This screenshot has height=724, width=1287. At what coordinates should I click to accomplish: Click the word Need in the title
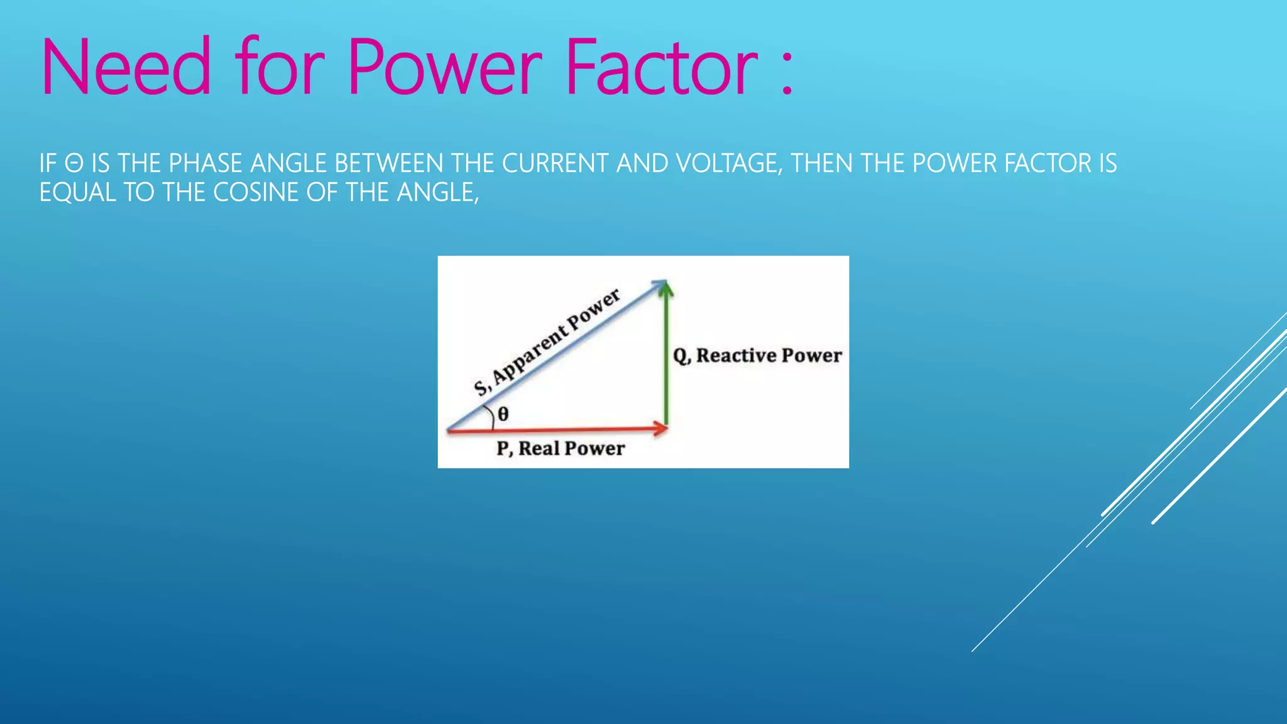126,68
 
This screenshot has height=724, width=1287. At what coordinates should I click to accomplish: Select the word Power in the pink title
444,68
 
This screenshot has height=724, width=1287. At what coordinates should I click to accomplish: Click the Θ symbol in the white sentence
74,164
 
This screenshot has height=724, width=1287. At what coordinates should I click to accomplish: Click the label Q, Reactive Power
757,356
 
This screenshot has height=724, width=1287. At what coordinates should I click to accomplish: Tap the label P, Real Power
560,449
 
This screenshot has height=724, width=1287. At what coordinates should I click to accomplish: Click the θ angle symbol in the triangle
503,414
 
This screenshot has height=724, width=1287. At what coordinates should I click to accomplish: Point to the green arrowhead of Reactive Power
666,290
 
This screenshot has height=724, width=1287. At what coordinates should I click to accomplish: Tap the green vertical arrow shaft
666,365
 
